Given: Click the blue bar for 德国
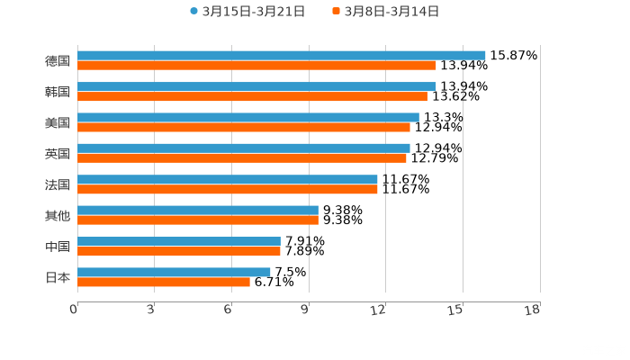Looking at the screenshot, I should [281, 55].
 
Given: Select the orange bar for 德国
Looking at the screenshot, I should [256, 65].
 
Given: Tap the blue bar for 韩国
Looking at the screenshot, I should [256, 86].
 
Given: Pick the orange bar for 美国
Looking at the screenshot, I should [243, 127].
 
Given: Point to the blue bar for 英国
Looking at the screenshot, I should [243, 148].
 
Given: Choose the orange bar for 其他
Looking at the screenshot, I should [198, 220].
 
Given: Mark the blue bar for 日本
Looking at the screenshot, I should [174, 272].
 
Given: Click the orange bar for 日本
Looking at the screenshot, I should [164, 282].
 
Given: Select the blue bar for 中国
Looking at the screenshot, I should [179, 241].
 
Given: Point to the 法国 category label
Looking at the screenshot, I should [57, 184].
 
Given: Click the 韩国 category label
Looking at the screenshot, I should [57, 92].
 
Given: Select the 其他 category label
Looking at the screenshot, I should [57, 215].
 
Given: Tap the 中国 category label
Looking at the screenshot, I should [57, 247].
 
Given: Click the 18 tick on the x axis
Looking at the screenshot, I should [533, 310].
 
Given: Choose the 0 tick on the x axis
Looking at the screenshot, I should [74, 310].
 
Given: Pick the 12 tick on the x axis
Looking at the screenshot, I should [379, 310].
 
